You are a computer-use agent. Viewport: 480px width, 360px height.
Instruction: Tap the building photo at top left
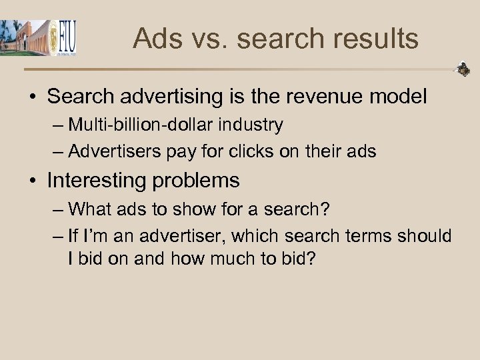tap(25, 37)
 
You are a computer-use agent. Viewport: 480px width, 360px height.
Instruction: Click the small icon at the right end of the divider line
tap(462, 69)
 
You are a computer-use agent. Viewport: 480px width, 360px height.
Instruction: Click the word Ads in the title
tap(155, 39)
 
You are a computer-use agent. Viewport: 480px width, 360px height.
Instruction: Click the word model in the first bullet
tap(399, 97)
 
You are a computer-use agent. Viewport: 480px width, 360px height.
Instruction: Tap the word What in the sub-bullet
tap(89, 209)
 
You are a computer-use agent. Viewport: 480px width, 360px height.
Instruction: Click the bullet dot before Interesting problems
tap(33, 181)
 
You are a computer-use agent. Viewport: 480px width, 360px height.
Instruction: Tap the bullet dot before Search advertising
tap(33, 97)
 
